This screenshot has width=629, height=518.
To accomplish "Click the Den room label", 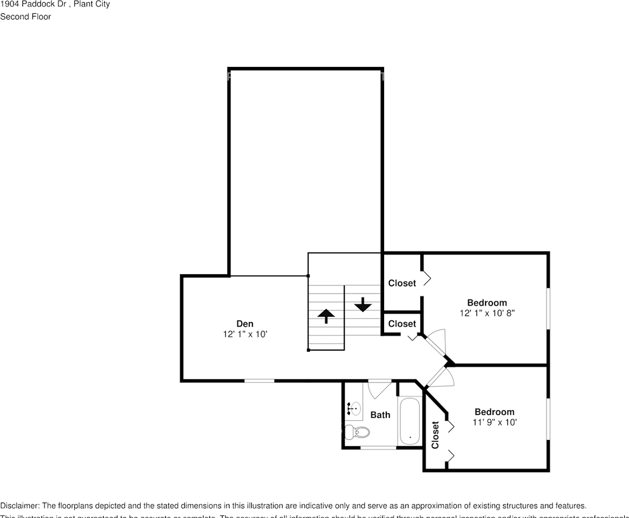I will coord(245,324).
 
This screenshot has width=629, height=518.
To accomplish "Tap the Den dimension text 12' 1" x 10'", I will coord(245,334).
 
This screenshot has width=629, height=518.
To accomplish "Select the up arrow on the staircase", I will coord(326,316).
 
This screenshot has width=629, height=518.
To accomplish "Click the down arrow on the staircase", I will coord(363,305).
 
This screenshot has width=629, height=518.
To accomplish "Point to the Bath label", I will coord(380,415).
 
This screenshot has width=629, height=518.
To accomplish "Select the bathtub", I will coord(410,421).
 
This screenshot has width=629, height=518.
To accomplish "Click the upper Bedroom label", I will coord(487,303).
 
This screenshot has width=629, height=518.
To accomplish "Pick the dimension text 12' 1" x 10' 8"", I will coord(487,313).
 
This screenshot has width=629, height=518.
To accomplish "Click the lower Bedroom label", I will coord(494,412).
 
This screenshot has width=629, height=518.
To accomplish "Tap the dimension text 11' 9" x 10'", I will coord(494,422).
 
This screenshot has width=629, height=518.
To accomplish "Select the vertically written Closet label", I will coord(435,434).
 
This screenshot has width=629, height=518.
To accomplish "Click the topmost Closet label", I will coord(402,283).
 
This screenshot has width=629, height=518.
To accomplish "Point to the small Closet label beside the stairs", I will coord(402,324).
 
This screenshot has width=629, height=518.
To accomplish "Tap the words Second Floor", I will coord(25,17).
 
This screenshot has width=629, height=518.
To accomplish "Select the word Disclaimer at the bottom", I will coord(19,506).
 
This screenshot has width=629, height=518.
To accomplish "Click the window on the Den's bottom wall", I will coord(259,381).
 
